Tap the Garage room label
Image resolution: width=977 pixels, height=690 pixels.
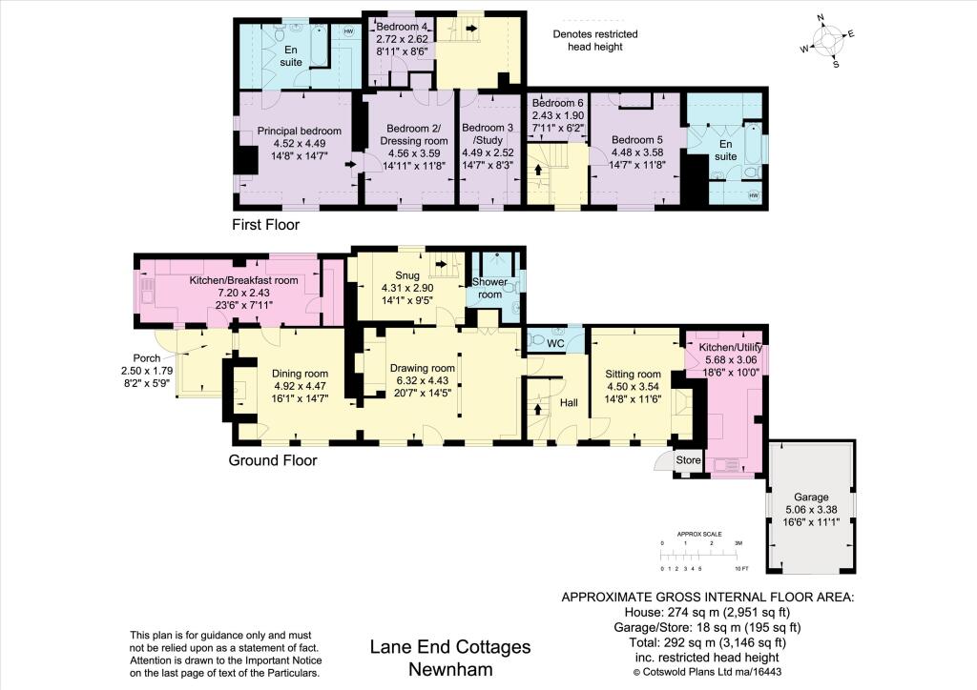(x=811, y=497)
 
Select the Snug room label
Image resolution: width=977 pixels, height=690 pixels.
(x=407, y=275)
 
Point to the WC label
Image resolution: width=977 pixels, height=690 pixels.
(x=555, y=343)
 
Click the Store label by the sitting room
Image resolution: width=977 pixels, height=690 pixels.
(x=688, y=460)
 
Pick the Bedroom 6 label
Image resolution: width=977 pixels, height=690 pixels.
(x=557, y=103)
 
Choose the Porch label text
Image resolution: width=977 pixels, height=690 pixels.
(x=147, y=358)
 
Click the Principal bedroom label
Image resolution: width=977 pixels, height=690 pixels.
(x=299, y=132)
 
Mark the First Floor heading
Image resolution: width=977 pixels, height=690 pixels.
(x=266, y=225)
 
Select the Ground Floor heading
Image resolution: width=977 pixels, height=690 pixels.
(x=273, y=461)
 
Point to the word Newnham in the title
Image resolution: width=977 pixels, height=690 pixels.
(x=450, y=669)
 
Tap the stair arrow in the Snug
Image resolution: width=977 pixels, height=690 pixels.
(x=441, y=264)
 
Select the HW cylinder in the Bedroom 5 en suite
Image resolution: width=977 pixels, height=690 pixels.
(x=754, y=195)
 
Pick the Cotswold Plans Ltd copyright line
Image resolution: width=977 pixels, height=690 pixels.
(x=707, y=672)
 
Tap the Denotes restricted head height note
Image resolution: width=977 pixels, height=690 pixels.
(x=595, y=40)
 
